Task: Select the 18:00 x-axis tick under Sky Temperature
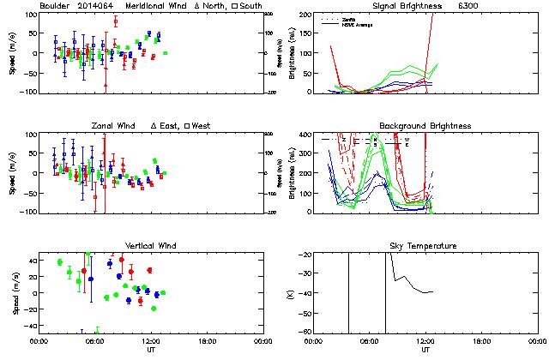484,340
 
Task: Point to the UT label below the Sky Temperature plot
425,350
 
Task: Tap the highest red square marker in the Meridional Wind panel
116,21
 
